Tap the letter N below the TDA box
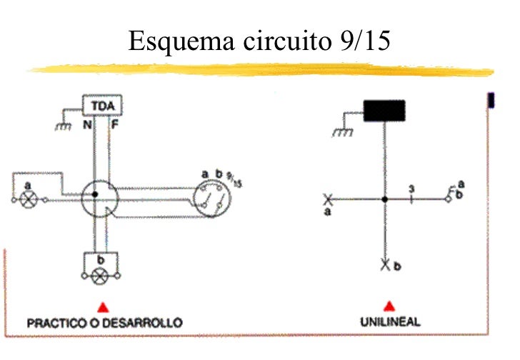86,124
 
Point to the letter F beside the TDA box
115,124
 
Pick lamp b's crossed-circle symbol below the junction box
101,275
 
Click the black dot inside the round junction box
94,194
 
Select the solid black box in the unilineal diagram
384,111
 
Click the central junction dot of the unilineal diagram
385,199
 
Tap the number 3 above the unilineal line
411,189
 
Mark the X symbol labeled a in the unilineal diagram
328,199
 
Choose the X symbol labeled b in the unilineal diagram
385,265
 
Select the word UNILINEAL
390,321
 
